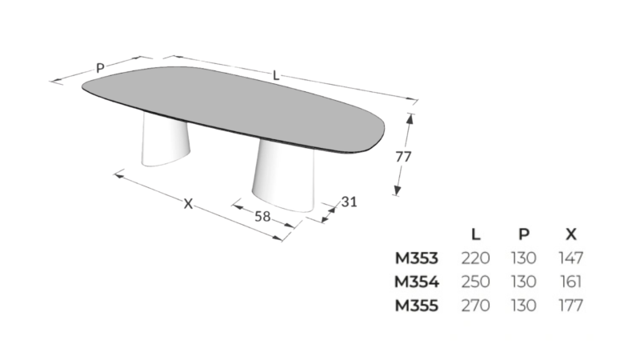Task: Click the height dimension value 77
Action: point(403,158)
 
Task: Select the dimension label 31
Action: point(348,202)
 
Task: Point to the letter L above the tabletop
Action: point(276,75)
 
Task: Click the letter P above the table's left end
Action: point(100,68)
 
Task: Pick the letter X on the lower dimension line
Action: point(188,203)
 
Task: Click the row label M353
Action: point(416,258)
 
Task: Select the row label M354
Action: point(416,282)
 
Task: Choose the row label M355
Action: point(416,305)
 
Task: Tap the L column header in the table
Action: point(476,234)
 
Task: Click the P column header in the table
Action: point(524,234)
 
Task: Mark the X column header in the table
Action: point(571,234)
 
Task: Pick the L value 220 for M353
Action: point(476,258)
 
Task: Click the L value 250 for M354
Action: point(476,282)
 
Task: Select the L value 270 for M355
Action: point(476,305)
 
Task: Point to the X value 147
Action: point(571,258)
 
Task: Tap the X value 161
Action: point(571,282)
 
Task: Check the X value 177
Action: point(571,305)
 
